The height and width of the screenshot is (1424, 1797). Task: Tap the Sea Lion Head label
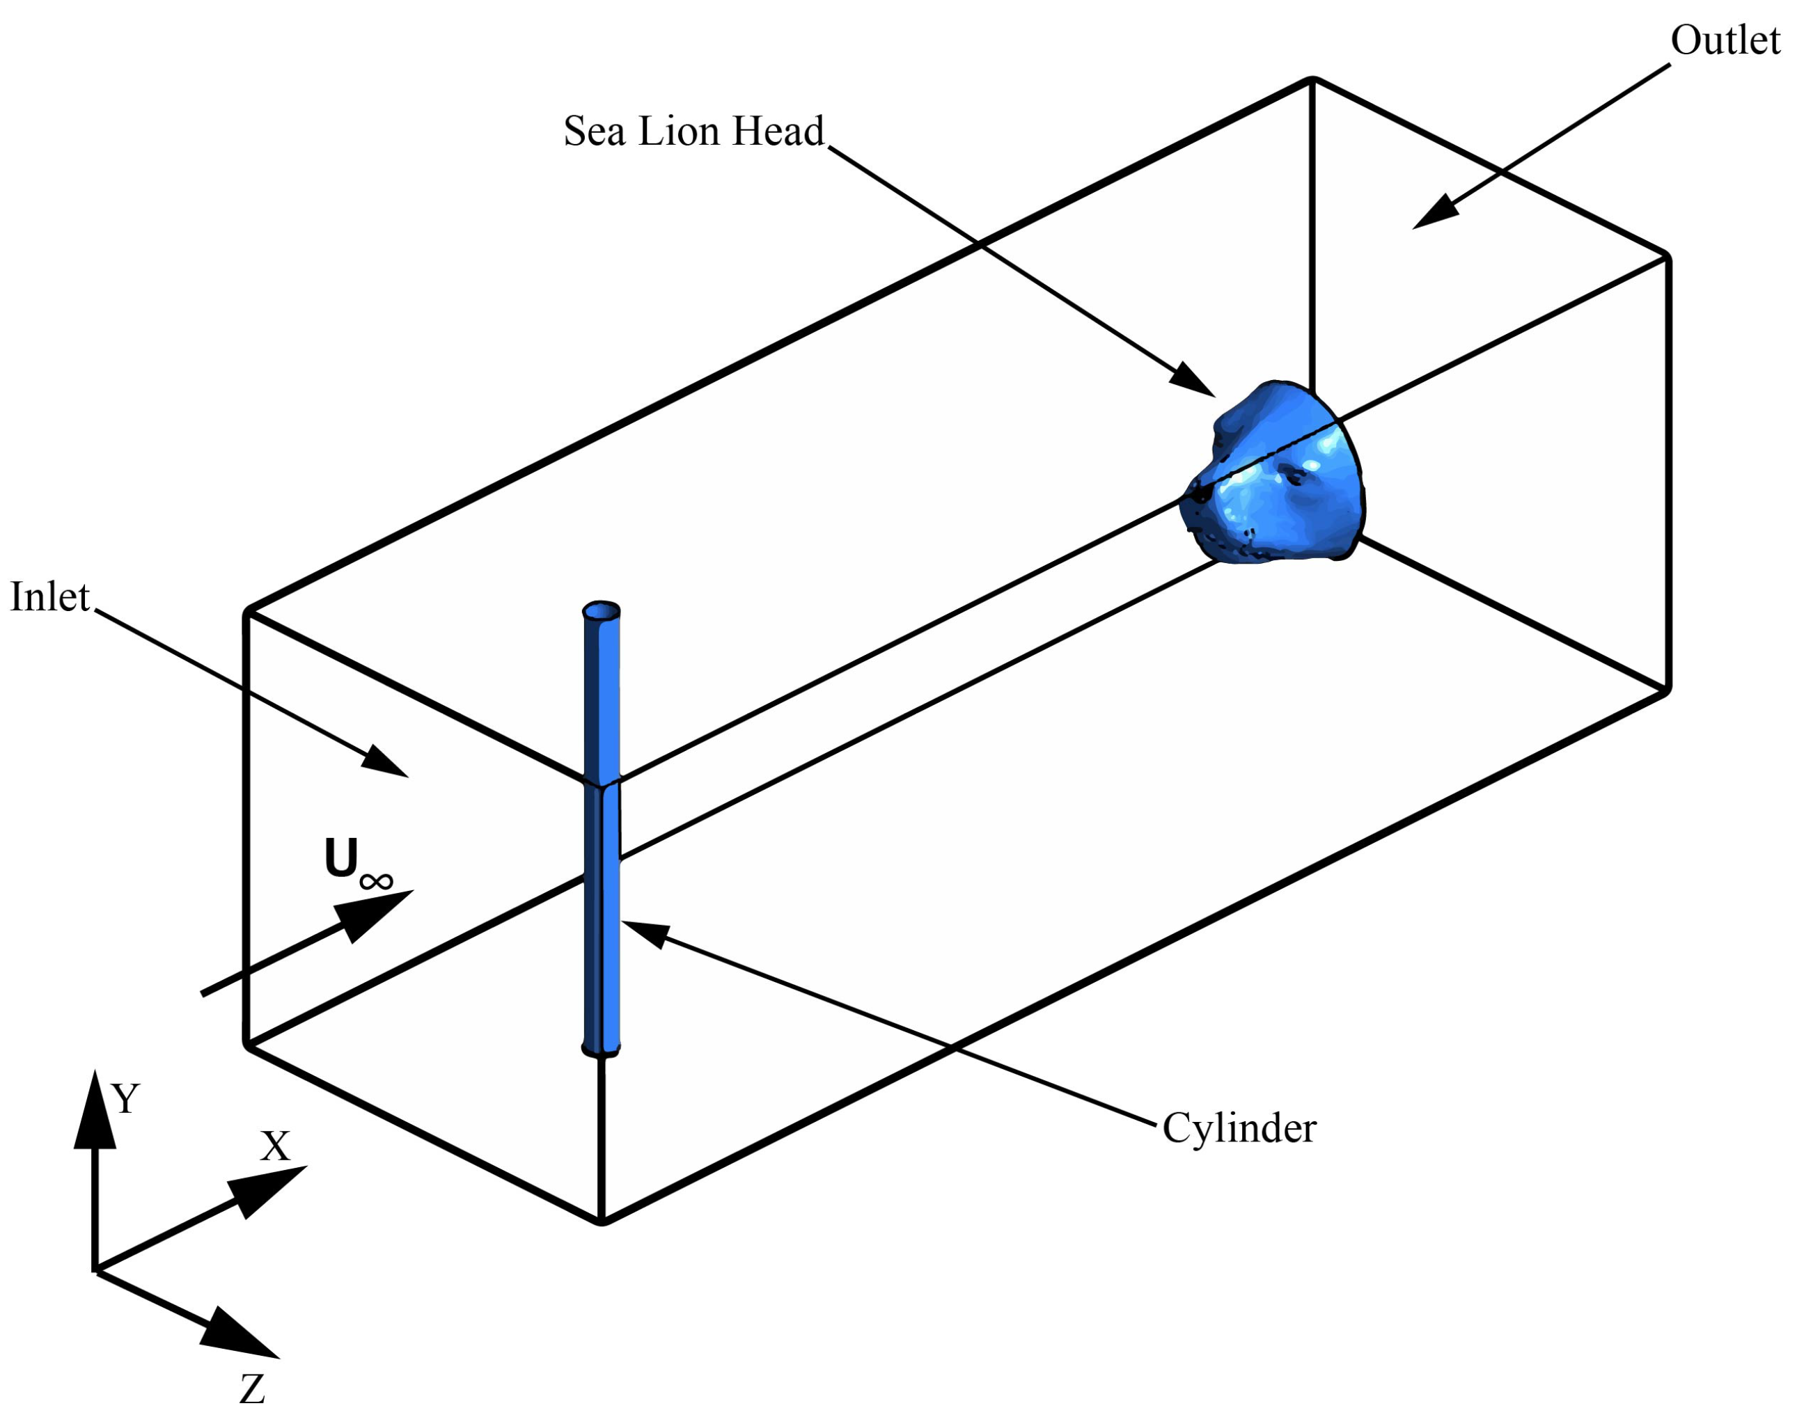(x=693, y=132)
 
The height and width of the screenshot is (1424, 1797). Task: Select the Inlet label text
(x=49, y=597)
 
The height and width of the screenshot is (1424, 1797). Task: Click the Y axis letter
(x=126, y=1099)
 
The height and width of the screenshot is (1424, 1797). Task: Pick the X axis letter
(x=275, y=1146)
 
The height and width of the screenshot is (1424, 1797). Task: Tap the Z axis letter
(x=252, y=1389)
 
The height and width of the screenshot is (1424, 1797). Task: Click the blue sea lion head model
(x=1276, y=479)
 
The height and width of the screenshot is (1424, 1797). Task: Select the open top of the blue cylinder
(x=601, y=612)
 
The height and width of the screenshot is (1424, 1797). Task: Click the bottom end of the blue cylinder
(x=601, y=1049)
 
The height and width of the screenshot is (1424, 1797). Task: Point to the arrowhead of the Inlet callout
(x=385, y=761)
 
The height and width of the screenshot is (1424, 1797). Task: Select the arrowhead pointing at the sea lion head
(x=1192, y=380)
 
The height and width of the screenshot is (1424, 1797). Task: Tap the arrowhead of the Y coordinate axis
(x=95, y=1111)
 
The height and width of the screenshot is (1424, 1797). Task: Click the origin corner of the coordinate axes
(x=95, y=1271)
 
